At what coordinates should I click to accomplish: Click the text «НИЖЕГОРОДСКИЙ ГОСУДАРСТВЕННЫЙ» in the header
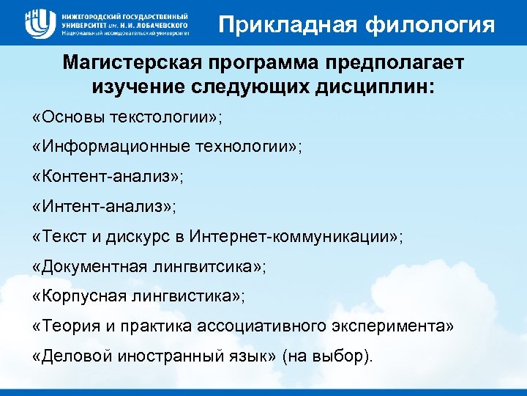125,15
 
